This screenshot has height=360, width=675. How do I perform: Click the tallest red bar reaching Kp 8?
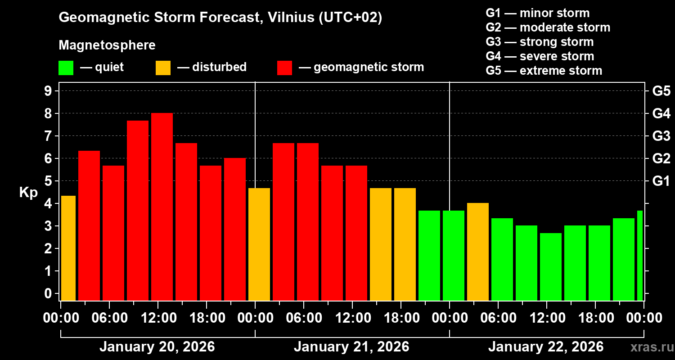(x=162, y=207)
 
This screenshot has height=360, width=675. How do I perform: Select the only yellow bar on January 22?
(x=478, y=252)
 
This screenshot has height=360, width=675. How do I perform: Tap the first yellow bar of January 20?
(x=68, y=248)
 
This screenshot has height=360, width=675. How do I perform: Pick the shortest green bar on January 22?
(x=551, y=266)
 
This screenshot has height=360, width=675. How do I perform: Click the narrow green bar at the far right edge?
(x=640, y=255)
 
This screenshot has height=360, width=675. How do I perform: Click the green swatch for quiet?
(x=66, y=68)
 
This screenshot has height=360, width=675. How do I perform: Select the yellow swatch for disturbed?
(x=163, y=68)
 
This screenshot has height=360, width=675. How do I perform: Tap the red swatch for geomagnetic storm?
(x=285, y=68)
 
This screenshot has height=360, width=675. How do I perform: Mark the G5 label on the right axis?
(x=661, y=91)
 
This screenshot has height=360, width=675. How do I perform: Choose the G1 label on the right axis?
(x=661, y=181)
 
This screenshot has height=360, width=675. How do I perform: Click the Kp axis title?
(x=28, y=193)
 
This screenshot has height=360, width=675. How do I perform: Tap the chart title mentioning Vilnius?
(x=220, y=18)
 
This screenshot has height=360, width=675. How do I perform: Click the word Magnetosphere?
(x=107, y=45)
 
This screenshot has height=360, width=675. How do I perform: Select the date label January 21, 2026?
(x=351, y=347)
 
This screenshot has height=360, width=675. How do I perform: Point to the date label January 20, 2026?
(x=157, y=347)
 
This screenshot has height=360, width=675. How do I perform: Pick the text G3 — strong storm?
(x=540, y=42)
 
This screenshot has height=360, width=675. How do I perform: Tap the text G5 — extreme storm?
(x=544, y=71)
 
